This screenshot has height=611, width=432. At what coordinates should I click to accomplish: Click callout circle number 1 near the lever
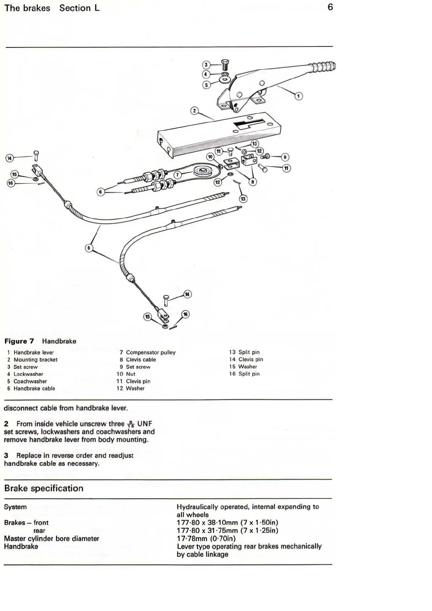tap(298, 96)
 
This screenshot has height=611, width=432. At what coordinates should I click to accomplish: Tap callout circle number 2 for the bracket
tap(195, 110)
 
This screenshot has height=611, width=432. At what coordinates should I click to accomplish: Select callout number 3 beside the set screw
tap(206, 65)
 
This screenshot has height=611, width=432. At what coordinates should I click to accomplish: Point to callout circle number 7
tap(177, 175)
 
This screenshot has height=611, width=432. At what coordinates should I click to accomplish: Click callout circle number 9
tap(285, 157)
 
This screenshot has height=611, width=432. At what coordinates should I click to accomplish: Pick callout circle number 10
tap(210, 157)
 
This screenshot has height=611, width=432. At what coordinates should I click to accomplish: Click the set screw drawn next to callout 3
tap(225, 65)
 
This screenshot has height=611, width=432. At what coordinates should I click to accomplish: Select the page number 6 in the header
tap(330, 7)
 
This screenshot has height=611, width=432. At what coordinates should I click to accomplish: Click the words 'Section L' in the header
tap(79, 8)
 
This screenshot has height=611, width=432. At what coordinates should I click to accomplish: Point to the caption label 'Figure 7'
tap(19, 341)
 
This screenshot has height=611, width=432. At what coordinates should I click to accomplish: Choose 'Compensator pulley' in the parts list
tap(151, 352)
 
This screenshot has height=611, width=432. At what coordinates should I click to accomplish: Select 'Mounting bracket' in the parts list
tap(35, 360)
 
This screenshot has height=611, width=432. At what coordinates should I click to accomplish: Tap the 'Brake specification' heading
tap(44, 488)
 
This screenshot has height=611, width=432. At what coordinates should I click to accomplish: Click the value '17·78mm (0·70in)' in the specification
tap(206, 538)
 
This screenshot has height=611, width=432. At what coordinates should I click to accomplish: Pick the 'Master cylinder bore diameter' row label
tap(51, 538)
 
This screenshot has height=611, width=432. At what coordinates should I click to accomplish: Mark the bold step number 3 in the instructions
tap(6, 455)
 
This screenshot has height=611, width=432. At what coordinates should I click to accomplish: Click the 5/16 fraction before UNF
tap(130, 424)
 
